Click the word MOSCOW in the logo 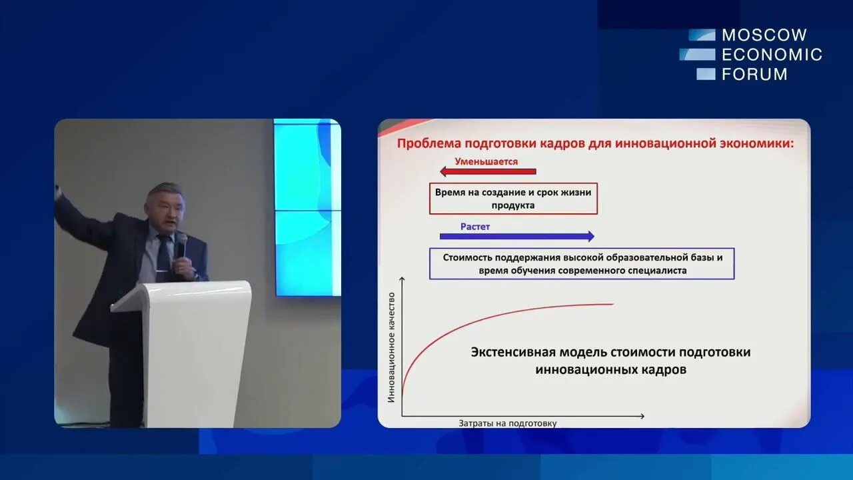coord(764,35)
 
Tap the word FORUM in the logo coord(754,74)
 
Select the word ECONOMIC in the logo coord(772,55)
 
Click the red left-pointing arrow coord(487,172)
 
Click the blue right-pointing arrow coord(516,236)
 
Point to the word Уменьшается coord(486,161)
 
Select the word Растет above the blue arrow coord(474,227)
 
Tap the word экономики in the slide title coord(753,143)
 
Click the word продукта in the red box coord(512,205)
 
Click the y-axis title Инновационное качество coord(391,347)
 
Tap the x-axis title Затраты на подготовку coord(507,423)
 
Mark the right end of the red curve coord(612,304)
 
